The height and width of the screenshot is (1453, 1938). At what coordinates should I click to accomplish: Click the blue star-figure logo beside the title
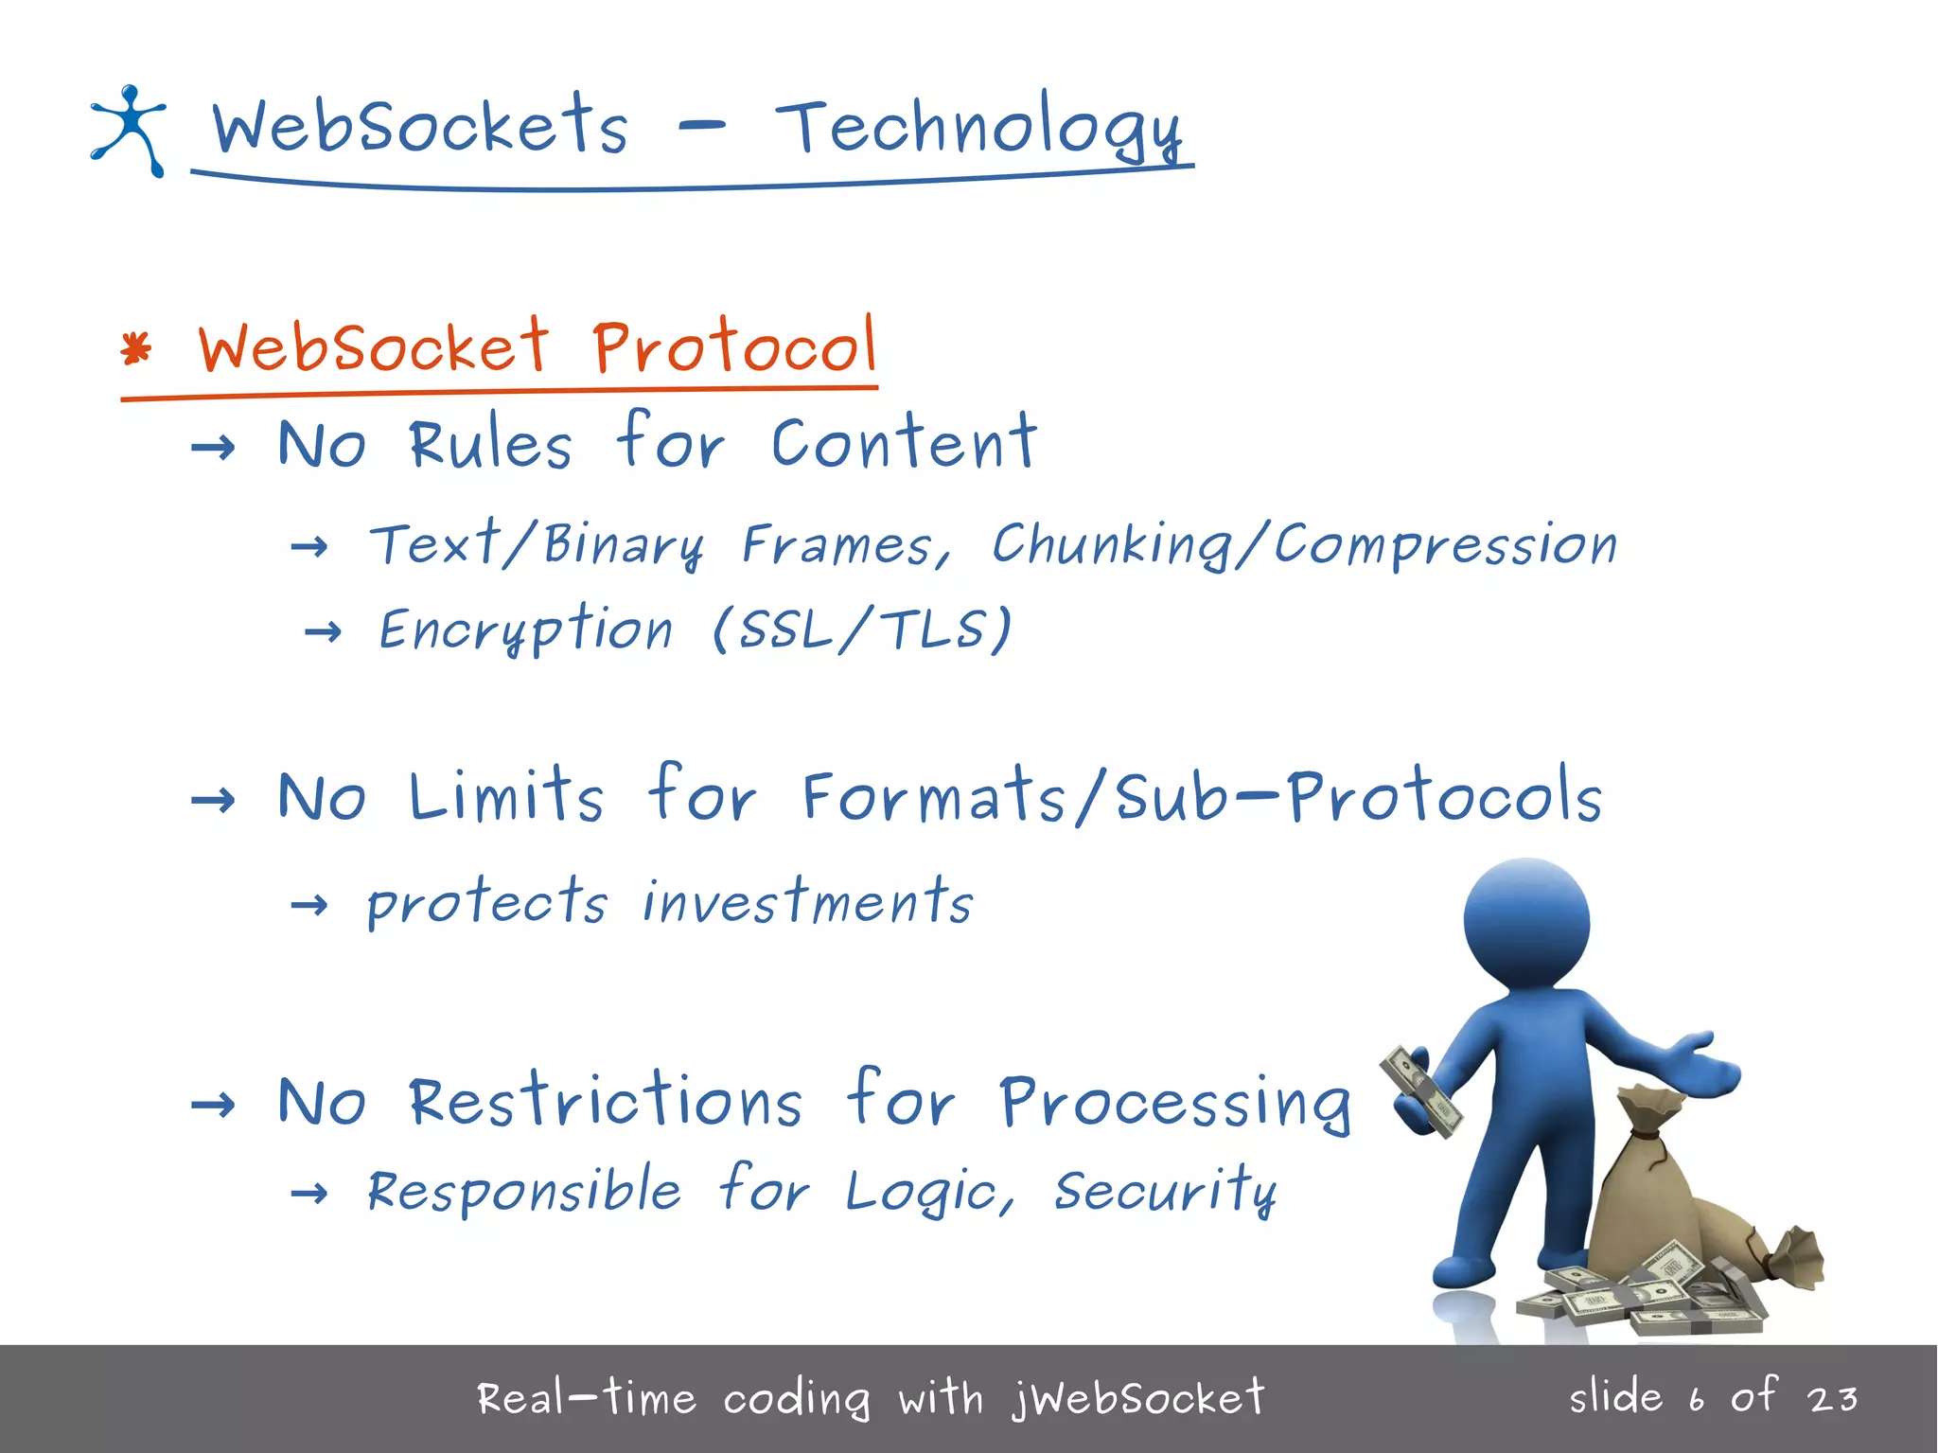click(x=129, y=130)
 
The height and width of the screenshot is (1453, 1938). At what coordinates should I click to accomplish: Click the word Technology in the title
click(x=978, y=131)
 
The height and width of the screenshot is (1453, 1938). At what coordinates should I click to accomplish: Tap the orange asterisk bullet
click(x=136, y=349)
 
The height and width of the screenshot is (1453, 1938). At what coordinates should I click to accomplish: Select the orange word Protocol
click(x=734, y=346)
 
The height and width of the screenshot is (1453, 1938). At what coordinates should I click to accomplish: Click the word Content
click(x=904, y=443)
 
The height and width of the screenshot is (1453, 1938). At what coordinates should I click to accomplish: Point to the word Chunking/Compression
click(x=1304, y=545)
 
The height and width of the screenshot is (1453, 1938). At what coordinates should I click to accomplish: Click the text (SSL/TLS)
click(x=862, y=629)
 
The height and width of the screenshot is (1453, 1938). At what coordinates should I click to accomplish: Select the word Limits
click(x=505, y=795)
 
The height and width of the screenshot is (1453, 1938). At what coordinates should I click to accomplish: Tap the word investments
click(x=807, y=901)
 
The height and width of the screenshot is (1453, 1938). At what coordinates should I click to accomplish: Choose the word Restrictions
click(x=606, y=1102)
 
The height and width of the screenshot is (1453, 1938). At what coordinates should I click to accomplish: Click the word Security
click(x=1165, y=1191)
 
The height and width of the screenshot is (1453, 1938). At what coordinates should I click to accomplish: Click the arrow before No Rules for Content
click(x=213, y=447)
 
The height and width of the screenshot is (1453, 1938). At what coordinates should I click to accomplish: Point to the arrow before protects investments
click(x=309, y=906)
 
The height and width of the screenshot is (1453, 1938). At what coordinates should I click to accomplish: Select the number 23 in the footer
click(x=1831, y=1398)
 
